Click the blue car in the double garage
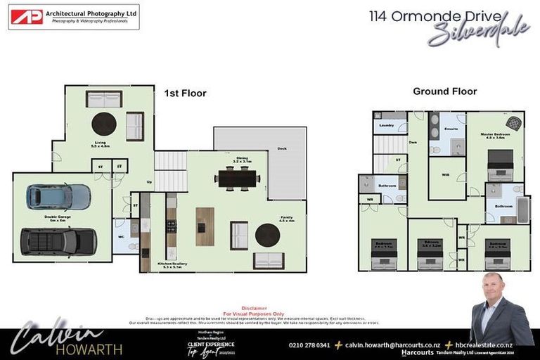59,198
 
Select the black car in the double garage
58,241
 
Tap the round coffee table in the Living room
104,124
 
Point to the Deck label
281,148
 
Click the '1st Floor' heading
185,94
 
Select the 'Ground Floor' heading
444,91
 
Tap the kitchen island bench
205,226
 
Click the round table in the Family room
267,235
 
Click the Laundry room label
386,126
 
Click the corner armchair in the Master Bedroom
515,122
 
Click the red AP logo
26,17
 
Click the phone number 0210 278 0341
309,345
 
